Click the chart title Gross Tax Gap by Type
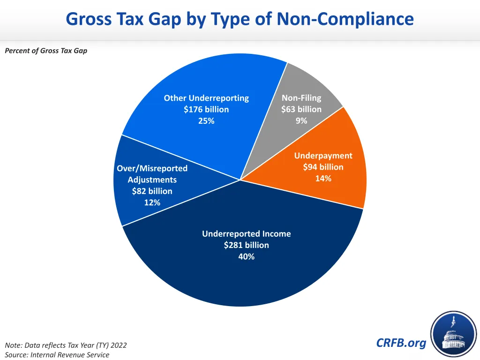(240, 19)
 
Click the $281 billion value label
(246, 245)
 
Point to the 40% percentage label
(246, 256)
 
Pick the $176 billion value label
(206, 109)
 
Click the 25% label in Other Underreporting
(206, 121)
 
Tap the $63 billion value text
(301, 109)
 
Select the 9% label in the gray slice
(301, 120)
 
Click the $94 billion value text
(323, 167)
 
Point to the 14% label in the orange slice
(323, 178)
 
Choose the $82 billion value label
(152, 191)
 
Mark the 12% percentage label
(152, 202)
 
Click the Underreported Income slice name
(246, 233)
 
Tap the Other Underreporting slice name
(206, 98)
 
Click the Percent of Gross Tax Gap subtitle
(46, 51)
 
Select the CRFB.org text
(401, 343)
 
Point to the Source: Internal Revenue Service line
(57, 355)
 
